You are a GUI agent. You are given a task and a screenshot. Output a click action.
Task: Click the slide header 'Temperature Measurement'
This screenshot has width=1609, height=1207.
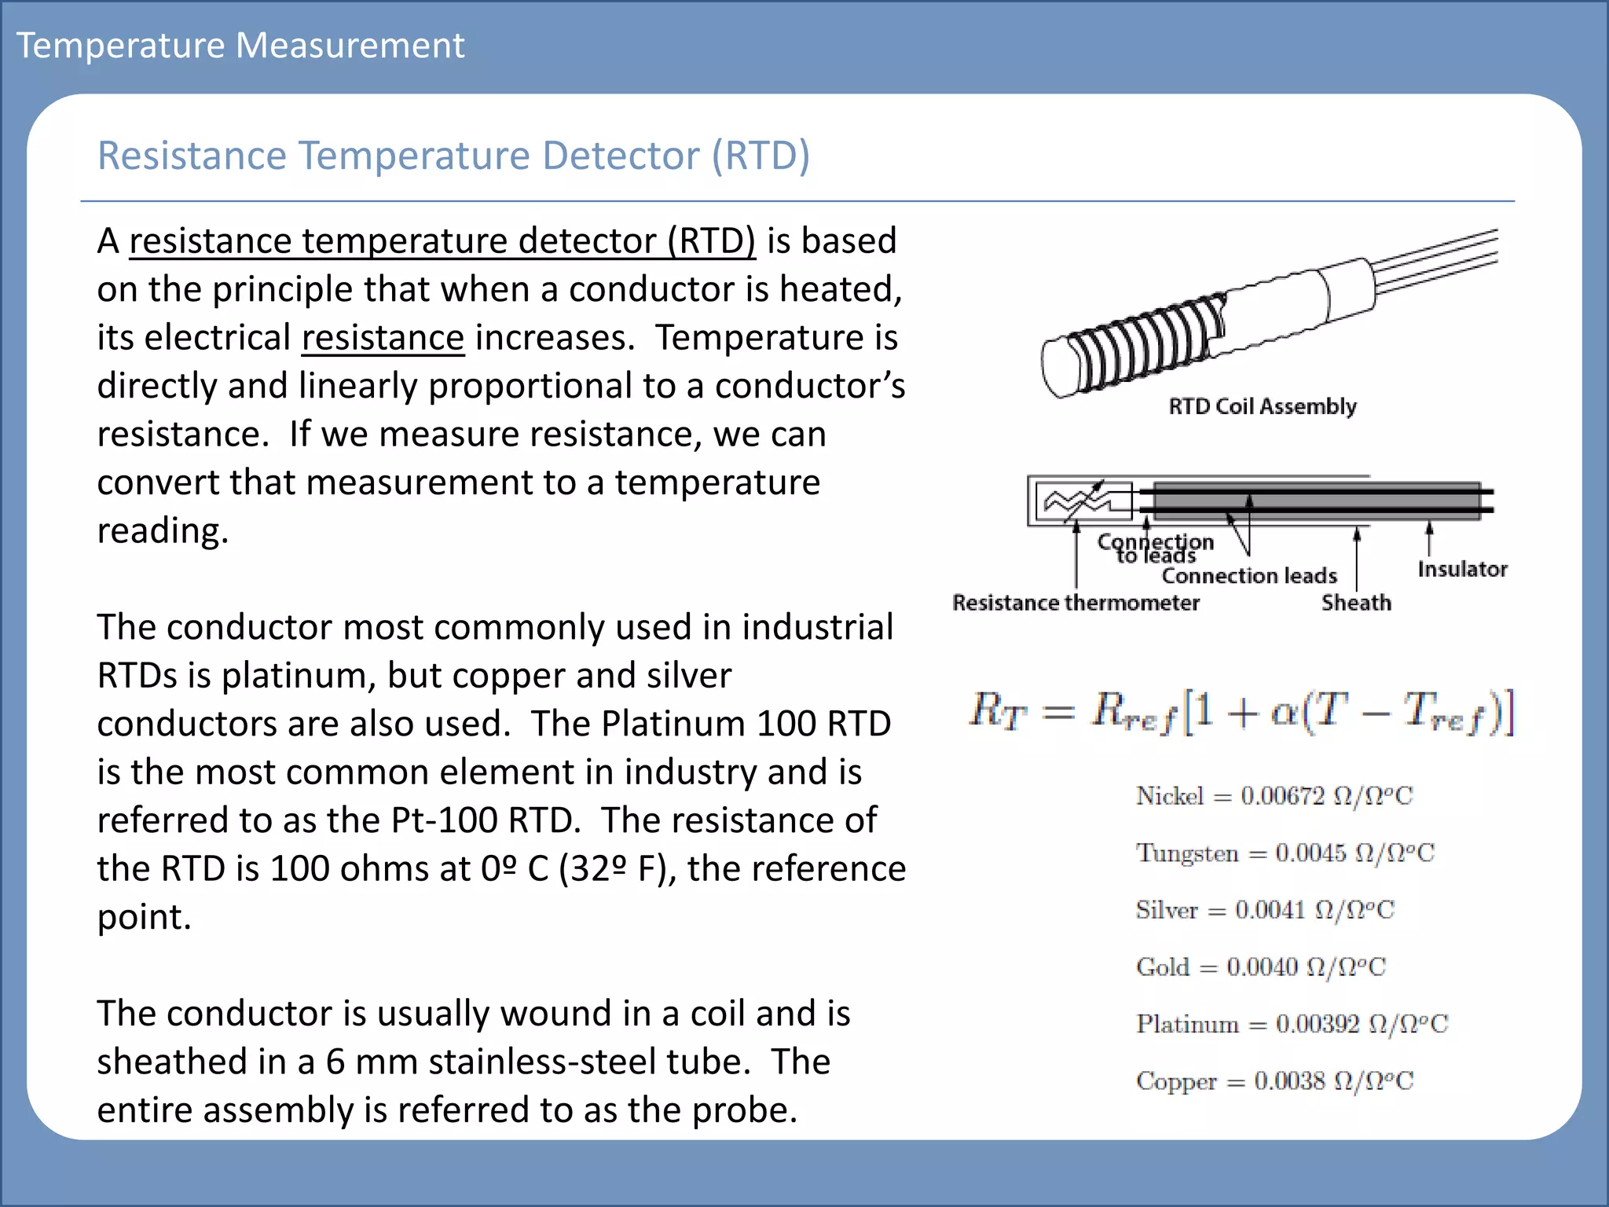(x=240, y=45)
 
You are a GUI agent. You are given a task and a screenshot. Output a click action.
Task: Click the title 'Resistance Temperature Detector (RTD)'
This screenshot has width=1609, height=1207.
(x=453, y=155)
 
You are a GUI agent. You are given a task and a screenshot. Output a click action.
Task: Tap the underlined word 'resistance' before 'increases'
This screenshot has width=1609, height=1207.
(x=383, y=338)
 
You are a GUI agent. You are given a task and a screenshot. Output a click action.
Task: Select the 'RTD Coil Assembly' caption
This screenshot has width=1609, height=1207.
(x=1262, y=406)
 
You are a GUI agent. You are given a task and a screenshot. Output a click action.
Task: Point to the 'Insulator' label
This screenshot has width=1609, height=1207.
(x=1462, y=569)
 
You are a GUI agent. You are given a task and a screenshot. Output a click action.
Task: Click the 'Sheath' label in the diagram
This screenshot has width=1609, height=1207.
(x=1356, y=603)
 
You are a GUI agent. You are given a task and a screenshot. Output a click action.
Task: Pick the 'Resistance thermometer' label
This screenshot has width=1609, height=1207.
(x=1076, y=603)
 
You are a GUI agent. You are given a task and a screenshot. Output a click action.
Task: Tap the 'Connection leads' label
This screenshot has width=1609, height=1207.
(x=1249, y=576)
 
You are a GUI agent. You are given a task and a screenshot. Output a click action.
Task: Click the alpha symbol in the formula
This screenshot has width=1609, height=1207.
(x=1283, y=713)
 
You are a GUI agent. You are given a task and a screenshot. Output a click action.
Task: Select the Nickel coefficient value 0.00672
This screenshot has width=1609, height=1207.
(x=1282, y=796)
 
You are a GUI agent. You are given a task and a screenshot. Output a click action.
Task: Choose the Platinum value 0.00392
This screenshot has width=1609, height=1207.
(x=1318, y=1024)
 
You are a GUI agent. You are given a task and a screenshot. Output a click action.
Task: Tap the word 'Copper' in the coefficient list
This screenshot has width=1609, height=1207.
(x=1176, y=1081)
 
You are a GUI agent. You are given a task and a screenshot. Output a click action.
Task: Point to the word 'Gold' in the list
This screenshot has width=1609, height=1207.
(x=1163, y=967)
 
